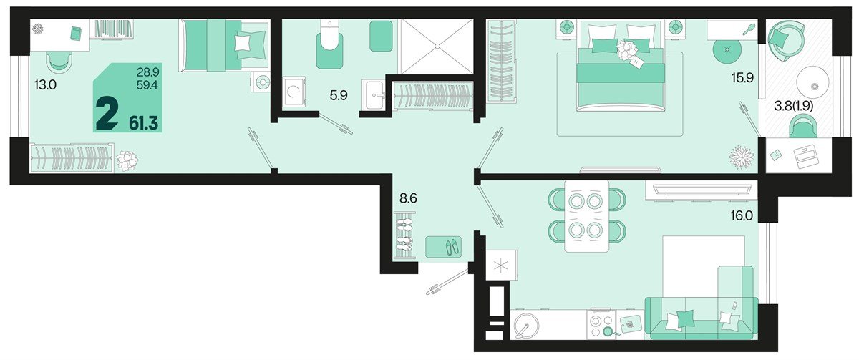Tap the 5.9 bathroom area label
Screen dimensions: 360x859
click(339, 94)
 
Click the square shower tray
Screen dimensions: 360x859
click(436, 46)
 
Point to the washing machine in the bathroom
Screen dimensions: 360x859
click(294, 92)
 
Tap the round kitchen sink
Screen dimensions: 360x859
click(527, 326)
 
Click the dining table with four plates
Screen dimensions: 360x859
click(586, 215)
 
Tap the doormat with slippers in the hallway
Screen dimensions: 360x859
click(444, 247)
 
